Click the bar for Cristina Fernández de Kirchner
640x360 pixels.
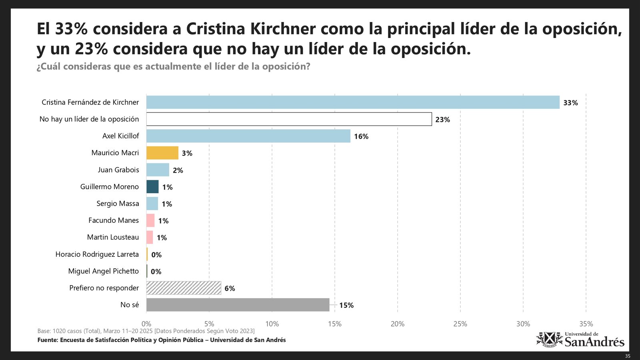click(353, 102)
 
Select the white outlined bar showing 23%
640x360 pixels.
click(289, 119)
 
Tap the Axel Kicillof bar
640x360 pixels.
click(248, 136)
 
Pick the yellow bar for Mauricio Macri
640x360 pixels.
click(162, 153)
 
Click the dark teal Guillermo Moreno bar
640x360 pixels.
click(152, 187)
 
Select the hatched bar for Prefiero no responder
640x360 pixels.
click(184, 288)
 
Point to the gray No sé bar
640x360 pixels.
click(238, 305)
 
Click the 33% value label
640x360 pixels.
click(570, 103)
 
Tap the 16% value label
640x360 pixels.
click(361, 136)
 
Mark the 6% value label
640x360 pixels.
click(230, 288)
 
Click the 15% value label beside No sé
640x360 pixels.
click(346, 305)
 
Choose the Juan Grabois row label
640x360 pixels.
click(118, 170)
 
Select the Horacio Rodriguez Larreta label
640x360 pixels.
click(97, 254)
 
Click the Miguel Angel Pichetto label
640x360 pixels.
click(103, 271)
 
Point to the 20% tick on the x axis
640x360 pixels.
click(398, 324)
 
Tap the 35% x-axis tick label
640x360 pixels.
click(586, 324)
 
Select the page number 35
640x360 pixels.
click(628, 356)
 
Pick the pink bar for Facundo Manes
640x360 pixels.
click(150, 220)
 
